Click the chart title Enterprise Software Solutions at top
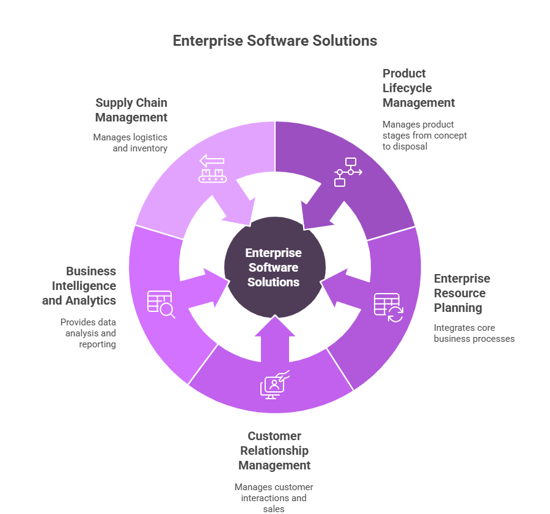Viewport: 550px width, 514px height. [x=274, y=41]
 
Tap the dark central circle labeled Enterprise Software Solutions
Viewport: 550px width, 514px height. [x=274, y=267]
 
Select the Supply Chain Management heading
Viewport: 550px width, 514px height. [x=131, y=110]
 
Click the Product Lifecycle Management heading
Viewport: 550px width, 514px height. [x=419, y=88]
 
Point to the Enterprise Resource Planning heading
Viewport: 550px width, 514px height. [x=462, y=293]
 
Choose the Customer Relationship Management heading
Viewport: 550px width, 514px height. [x=274, y=451]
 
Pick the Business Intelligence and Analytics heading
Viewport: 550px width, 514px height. [x=79, y=286]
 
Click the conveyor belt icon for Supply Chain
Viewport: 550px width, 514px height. [x=211, y=168]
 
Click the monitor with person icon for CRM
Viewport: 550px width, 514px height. [x=274, y=385]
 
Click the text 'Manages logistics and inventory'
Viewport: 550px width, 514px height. [x=130, y=142]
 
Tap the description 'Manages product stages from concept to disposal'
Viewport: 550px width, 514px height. [x=424, y=135]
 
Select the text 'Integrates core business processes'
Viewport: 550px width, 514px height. [x=474, y=333]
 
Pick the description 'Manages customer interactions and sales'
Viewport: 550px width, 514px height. [x=274, y=498]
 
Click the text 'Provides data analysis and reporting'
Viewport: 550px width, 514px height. [x=89, y=333]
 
